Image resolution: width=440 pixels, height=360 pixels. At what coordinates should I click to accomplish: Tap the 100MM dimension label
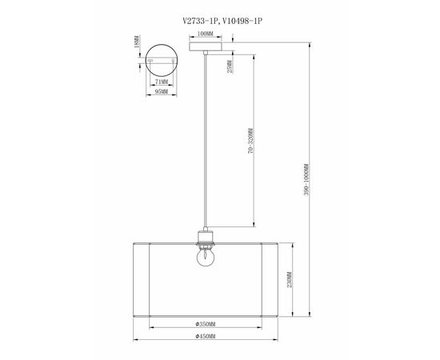pos(205,35)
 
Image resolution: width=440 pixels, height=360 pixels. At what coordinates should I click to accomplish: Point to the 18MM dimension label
pos(137,40)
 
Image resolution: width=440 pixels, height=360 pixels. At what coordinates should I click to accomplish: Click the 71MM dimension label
pos(162,82)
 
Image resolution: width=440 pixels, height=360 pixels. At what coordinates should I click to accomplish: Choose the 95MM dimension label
pos(162,93)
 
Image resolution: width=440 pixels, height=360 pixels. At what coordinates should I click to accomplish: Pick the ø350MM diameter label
pos(206,325)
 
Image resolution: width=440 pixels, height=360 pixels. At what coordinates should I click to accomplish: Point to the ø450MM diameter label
pos(206,336)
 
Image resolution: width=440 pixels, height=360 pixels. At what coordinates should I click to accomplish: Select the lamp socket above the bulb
pos(206,238)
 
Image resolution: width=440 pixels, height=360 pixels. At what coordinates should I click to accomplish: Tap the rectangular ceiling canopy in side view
pos(205,46)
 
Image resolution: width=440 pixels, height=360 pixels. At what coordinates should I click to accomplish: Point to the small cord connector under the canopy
pos(206,53)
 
